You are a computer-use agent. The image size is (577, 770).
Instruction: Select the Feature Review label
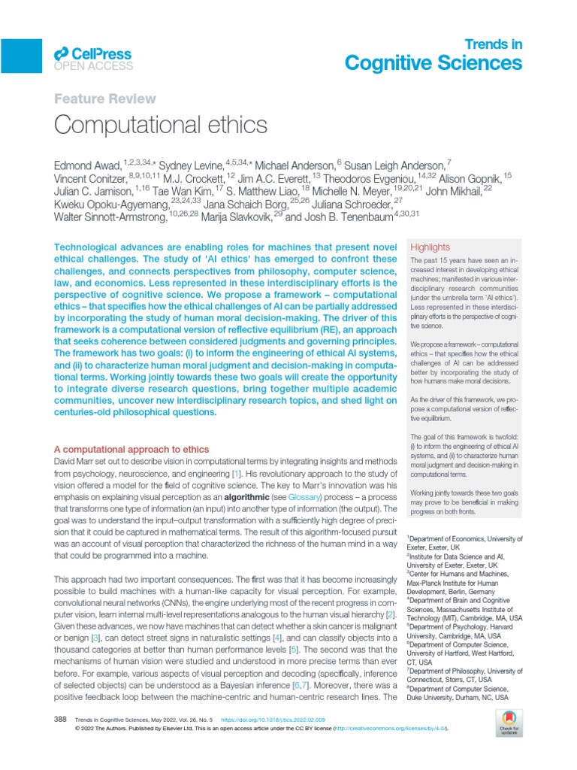105,99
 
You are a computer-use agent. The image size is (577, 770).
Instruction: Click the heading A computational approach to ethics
133,449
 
